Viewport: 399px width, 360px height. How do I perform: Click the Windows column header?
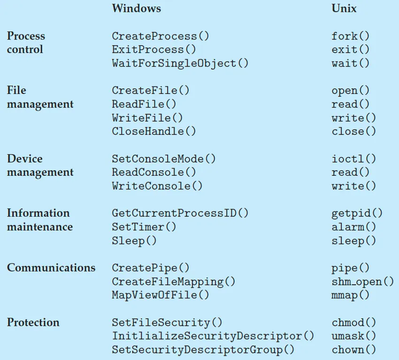[136, 8]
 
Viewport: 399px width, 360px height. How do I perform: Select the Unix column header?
[344, 8]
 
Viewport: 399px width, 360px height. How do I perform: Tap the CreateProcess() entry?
[161, 36]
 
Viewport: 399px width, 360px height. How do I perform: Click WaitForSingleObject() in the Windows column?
[180, 63]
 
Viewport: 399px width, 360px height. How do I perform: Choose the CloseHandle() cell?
[154, 131]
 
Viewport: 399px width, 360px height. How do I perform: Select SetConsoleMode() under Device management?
[164, 158]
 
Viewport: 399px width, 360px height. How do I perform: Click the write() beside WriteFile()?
[353, 117]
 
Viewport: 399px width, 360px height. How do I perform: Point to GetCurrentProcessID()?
[180, 213]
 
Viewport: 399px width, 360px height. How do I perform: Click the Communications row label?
[51, 268]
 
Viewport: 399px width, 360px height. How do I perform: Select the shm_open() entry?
[362, 282]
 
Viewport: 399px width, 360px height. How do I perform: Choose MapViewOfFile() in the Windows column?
[161, 295]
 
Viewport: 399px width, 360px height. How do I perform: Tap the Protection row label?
[33, 322]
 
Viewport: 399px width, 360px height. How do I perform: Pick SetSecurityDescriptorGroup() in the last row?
[203, 350]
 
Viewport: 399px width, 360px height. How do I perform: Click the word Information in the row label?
[38, 213]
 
